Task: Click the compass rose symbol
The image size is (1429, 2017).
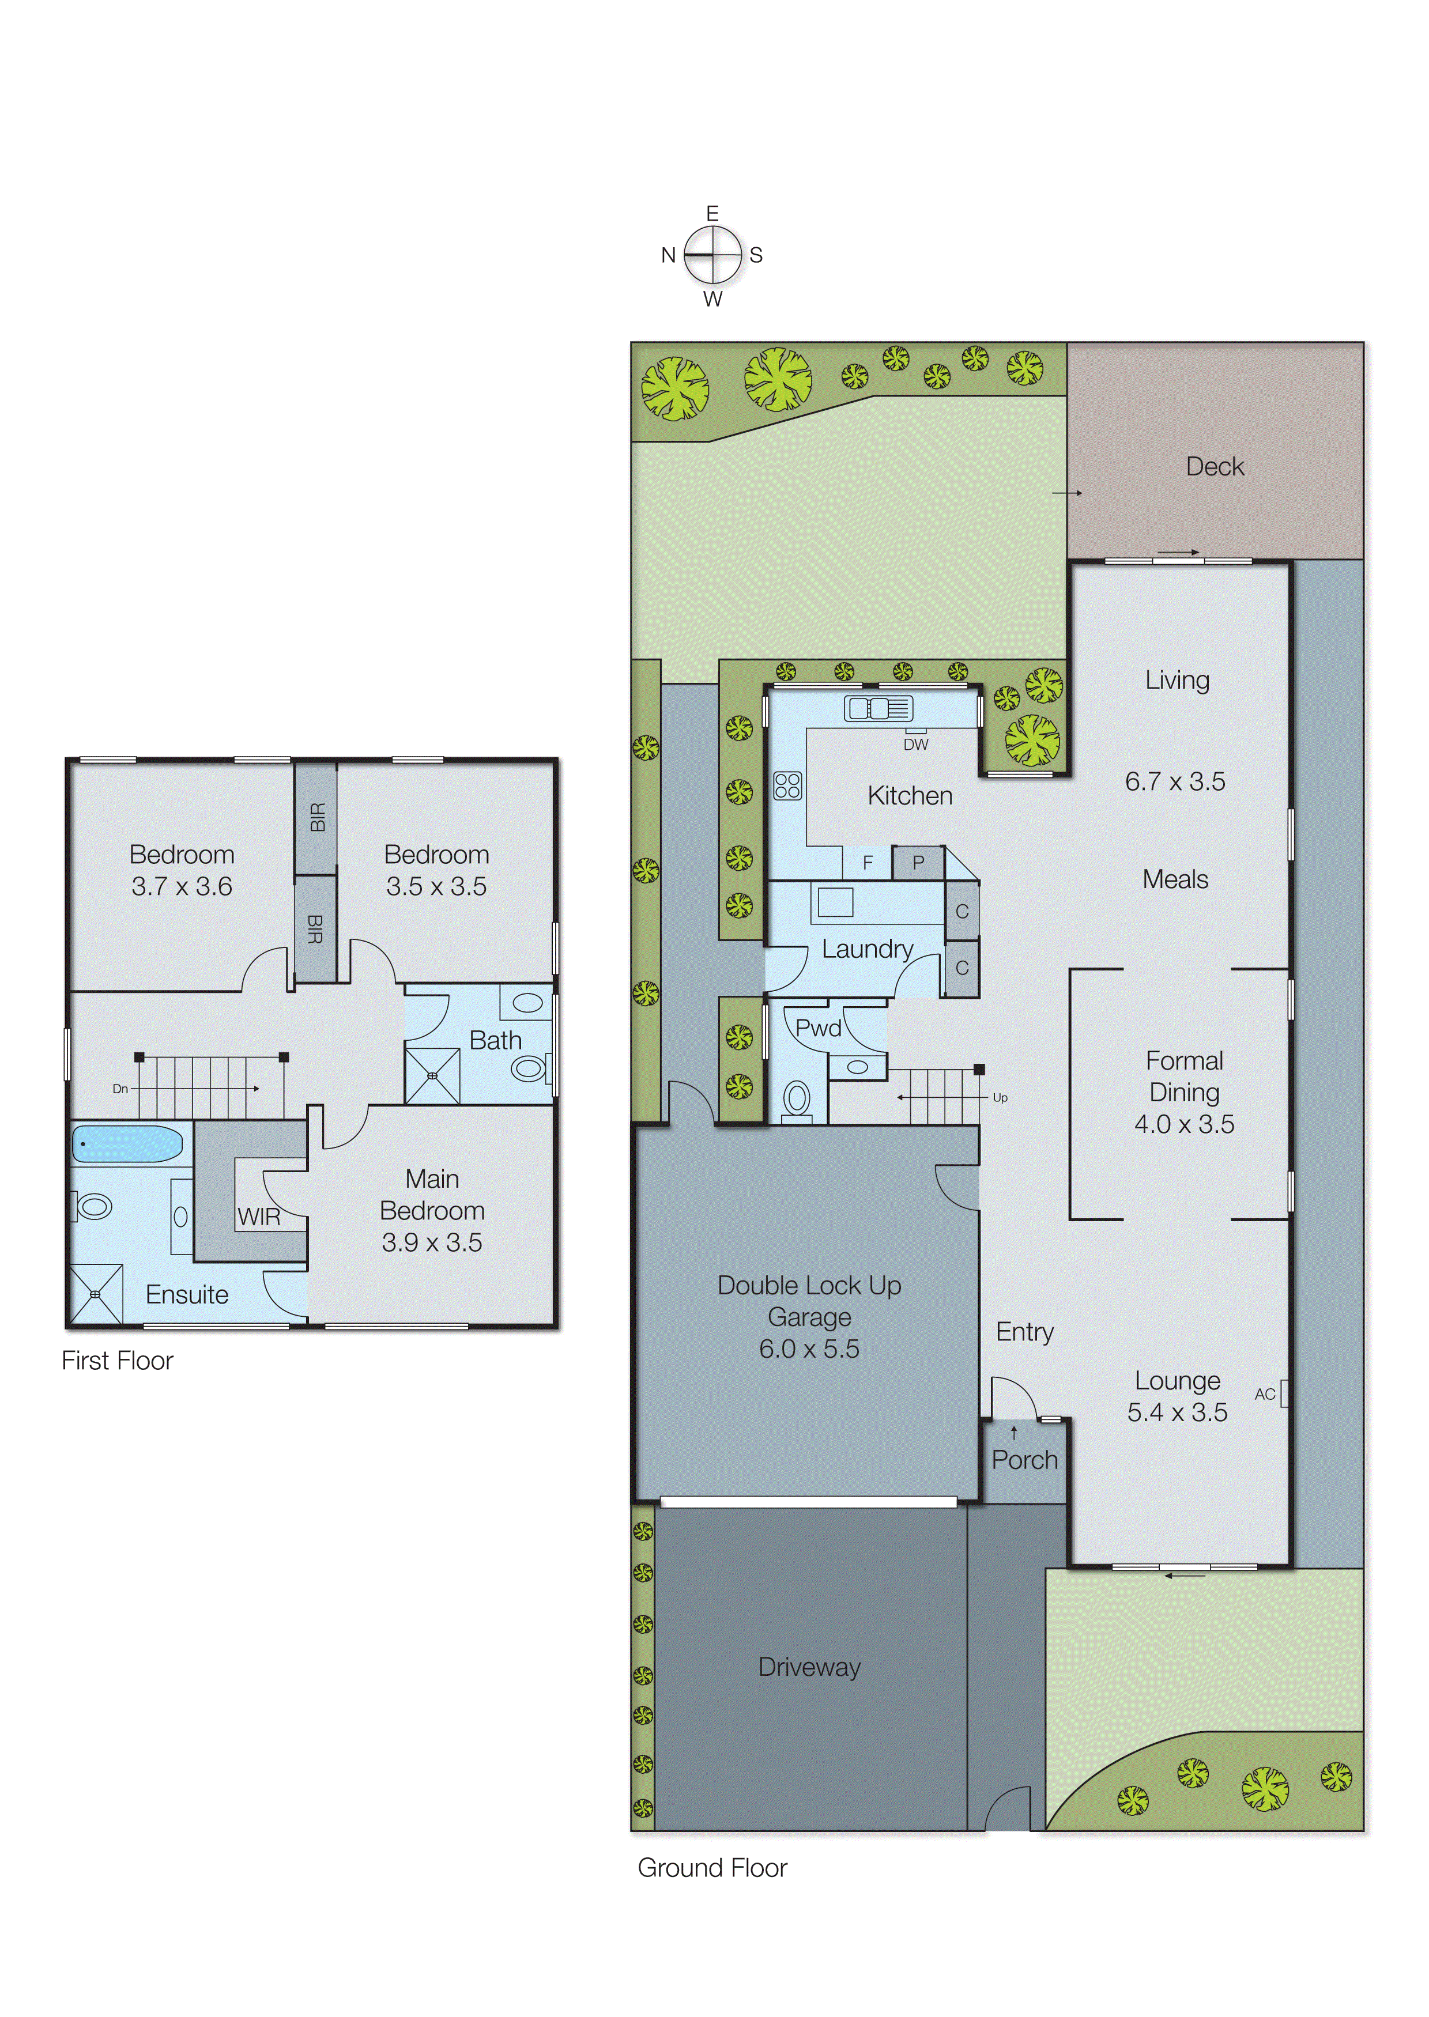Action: (712, 255)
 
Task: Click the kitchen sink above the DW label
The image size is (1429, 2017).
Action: (878, 708)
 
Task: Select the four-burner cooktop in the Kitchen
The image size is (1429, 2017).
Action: (787, 785)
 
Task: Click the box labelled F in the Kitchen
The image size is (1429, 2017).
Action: (868, 863)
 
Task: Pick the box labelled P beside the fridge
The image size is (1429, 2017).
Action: (918, 863)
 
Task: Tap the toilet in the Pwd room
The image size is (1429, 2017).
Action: (797, 1100)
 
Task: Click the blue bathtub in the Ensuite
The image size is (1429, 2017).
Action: (127, 1143)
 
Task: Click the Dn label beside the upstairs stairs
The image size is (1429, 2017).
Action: (120, 1089)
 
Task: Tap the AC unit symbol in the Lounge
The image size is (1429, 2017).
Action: (1284, 1394)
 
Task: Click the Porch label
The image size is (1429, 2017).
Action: (1024, 1460)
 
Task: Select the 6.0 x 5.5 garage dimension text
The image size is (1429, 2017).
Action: (809, 1349)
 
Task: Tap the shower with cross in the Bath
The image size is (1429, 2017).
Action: (432, 1076)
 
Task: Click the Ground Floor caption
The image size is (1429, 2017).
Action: (712, 1868)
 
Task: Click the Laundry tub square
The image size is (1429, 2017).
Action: (835, 902)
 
